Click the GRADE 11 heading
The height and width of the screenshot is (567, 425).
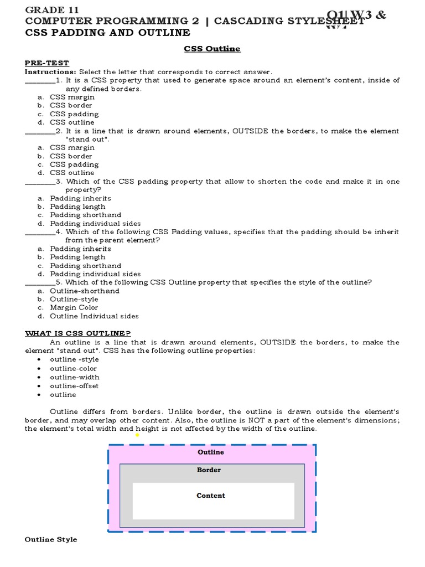pos(52,10)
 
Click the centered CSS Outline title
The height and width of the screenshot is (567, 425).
pos(212,49)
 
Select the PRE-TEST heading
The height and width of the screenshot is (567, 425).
pos(46,63)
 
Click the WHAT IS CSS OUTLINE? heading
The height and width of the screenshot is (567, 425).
pos(78,333)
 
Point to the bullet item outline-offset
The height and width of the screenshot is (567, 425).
pos(74,386)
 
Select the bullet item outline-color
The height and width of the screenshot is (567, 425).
pos(73,368)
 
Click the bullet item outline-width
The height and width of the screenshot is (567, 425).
pos(75,377)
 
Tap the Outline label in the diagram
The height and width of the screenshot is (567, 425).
pos(211,452)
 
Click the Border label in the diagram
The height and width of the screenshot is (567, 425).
pos(209,470)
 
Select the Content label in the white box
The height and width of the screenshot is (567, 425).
pos(211,496)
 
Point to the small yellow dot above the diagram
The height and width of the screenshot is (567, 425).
pos(137,435)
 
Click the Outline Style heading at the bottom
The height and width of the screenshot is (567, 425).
pos(51,539)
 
